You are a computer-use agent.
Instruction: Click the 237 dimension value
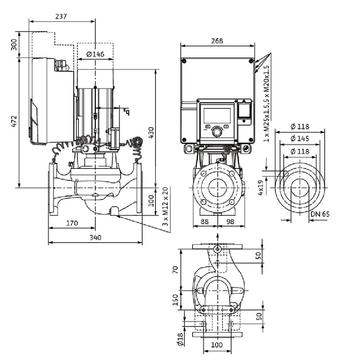[x=62, y=16]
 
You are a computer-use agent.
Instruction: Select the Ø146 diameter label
[x=95, y=54]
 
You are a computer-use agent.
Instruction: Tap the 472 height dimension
[x=13, y=122]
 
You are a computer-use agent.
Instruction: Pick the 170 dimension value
[x=72, y=223]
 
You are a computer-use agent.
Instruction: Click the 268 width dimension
[x=217, y=41]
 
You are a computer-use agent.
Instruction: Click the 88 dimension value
[x=204, y=222]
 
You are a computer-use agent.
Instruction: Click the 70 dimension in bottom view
[x=175, y=270]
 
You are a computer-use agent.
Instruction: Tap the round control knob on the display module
[x=217, y=131]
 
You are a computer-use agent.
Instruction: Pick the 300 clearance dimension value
[x=14, y=45]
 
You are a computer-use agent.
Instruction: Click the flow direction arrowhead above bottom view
[x=217, y=236]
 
